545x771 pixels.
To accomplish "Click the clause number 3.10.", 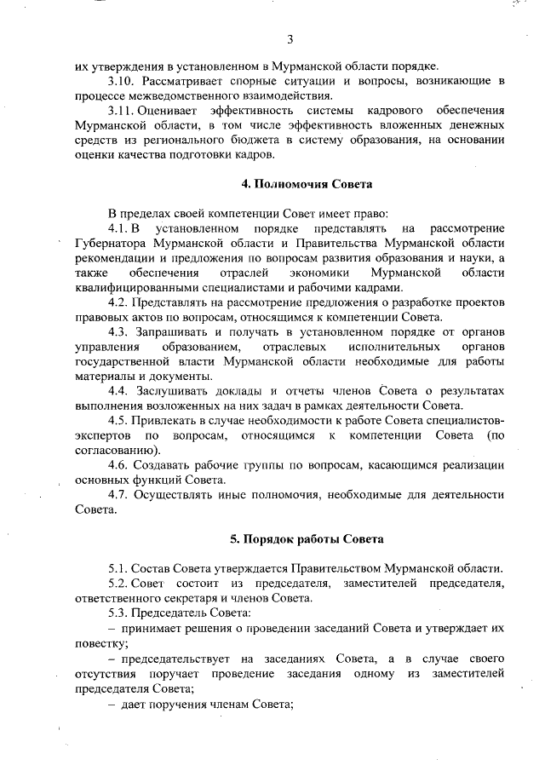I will coord(122,81).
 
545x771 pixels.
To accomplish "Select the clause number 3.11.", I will coord(122,112).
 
